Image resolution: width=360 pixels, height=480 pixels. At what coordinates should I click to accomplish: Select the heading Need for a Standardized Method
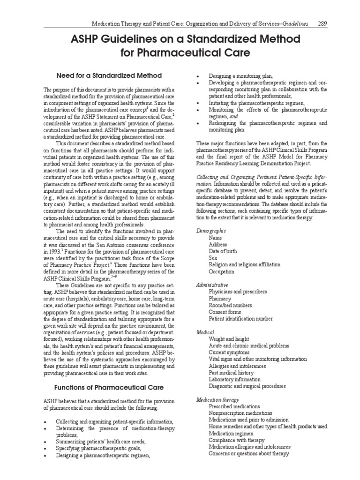click(109, 75)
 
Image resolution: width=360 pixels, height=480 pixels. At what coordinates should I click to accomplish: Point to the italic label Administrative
click(212, 285)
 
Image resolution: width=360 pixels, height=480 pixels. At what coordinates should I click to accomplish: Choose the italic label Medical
click(204, 332)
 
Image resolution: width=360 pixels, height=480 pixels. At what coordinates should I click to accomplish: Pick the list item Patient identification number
click(240, 319)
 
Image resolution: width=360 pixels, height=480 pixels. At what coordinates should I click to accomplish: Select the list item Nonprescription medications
click(240, 413)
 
